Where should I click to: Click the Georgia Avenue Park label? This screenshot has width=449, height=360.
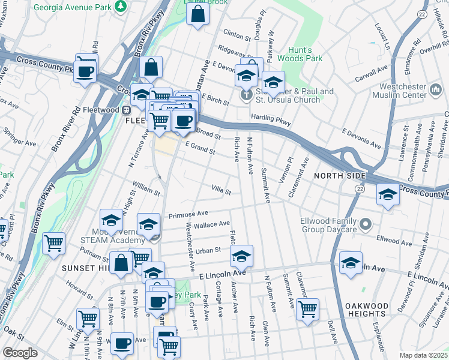point(73,8)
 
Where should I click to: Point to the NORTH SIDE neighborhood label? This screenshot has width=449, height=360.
point(340,175)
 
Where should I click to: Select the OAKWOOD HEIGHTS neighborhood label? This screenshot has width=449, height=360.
point(366,310)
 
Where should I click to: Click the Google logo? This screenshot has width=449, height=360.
point(20,353)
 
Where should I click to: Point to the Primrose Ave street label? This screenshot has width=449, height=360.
point(188,213)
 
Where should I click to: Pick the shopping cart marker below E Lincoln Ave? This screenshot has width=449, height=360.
point(307,309)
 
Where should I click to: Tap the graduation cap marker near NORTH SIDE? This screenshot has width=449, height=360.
point(388,194)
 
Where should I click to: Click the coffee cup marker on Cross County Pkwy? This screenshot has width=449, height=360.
point(86,71)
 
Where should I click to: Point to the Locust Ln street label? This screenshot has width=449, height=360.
point(381,37)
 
